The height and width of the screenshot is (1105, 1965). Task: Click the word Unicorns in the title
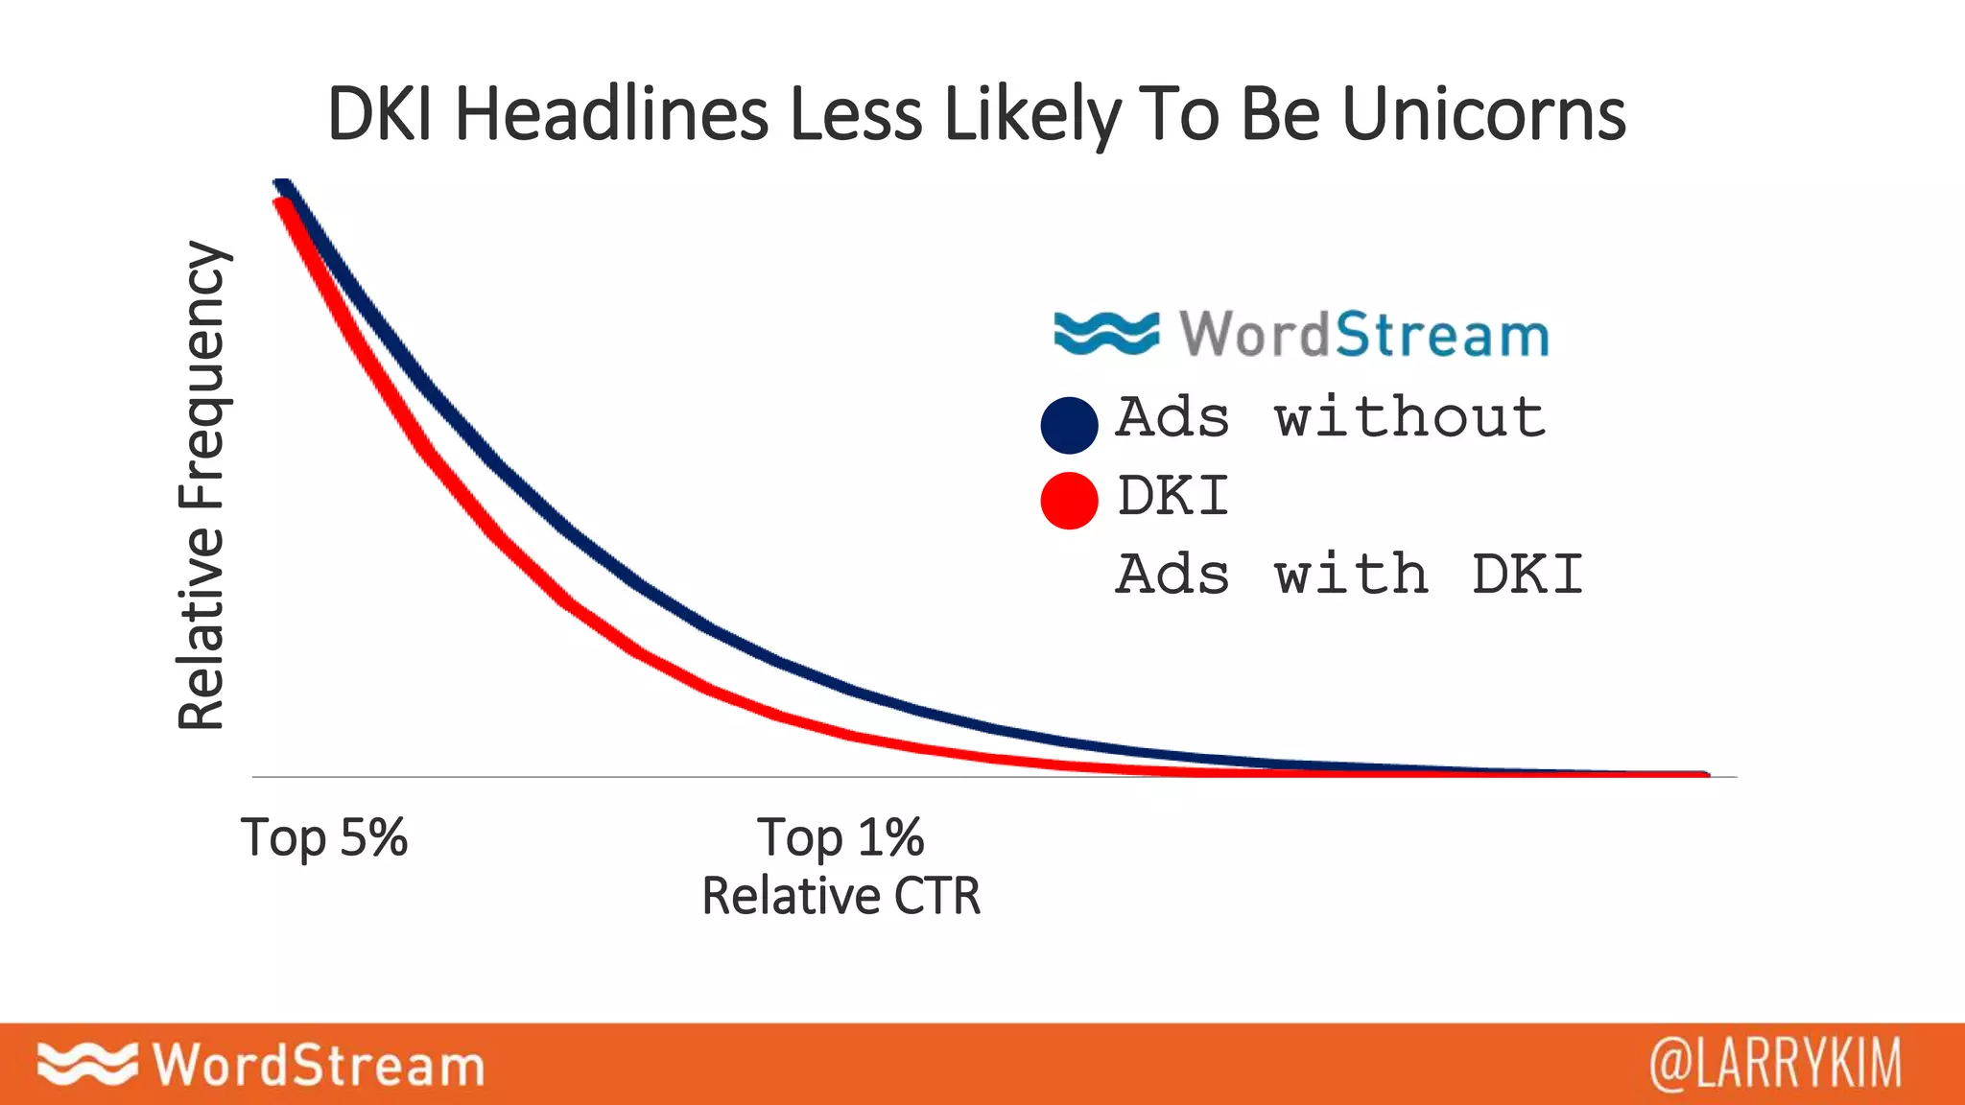pyautogui.click(x=1483, y=113)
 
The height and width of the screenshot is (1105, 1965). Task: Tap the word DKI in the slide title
pyautogui.click(x=379, y=113)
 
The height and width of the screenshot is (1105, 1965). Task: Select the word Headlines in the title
pyautogui.click(x=611, y=113)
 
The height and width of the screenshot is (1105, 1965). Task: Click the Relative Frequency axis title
pyautogui.click(x=201, y=484)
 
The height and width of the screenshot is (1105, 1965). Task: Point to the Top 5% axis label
pyautogui.click(x=324, y=836)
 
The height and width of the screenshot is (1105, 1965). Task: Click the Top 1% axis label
pyautogui.click(x=840, y=836)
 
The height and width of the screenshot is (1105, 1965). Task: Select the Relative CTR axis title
pyautogui.click(x=840, y=896)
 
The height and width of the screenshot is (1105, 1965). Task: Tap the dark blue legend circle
pyautogui.click(x=1069, y=424)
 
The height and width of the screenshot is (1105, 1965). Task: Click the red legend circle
pyautogui.click(x=1069, y=500)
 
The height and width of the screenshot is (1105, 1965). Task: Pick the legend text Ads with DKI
pyautogui.click(x=1348, y=574)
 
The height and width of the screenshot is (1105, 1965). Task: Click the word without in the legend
pyautogui.click(x=1409, y=417)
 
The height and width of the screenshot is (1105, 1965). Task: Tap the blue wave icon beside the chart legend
pyautogui.click(x=1105, y=333)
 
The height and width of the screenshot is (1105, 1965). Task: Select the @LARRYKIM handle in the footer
pyautogui.click(x=1775, y=1064)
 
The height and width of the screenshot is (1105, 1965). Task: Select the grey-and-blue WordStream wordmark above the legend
pyautogui.click(x=1363, y=334)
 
